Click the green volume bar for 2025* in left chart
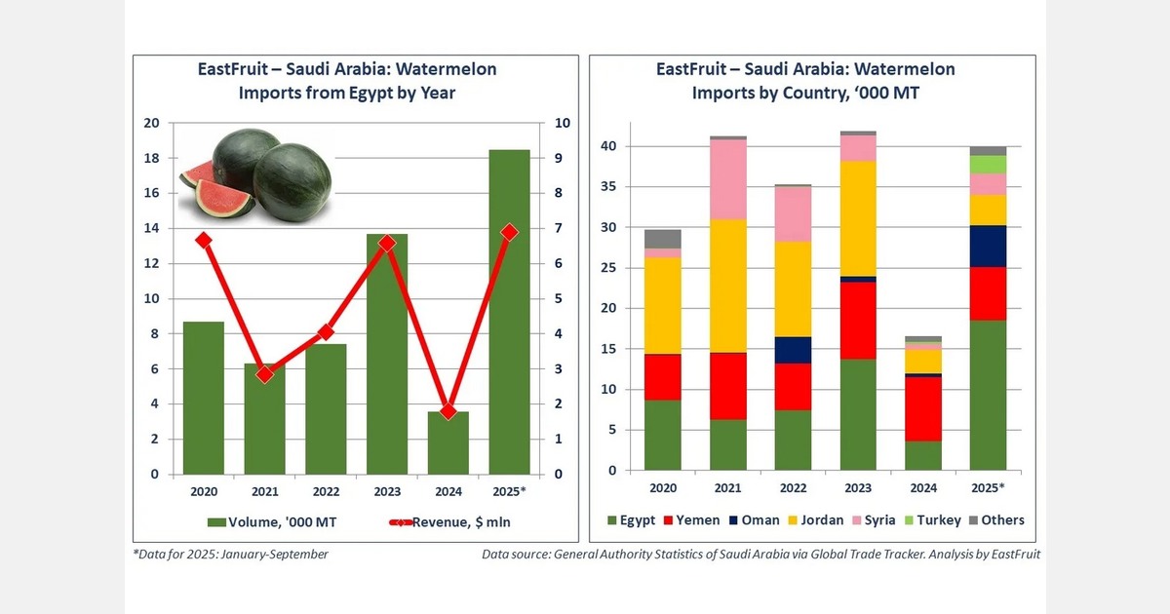click(x=509, y=312)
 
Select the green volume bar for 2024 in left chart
click(x=448, y=443)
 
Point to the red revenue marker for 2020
click(x=203, y=240)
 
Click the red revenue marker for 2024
click(x=448, y=411)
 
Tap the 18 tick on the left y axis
click(x=151, y=158)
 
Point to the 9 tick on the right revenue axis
click(x=557, y=158)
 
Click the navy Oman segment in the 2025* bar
click(x=988, y=246)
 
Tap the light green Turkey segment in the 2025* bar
click(x=988, y=164)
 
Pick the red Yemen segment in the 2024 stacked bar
click(x=923, y=409)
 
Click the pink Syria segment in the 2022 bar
click(x=793, y=213)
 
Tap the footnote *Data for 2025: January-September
click(x=230, y=555)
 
